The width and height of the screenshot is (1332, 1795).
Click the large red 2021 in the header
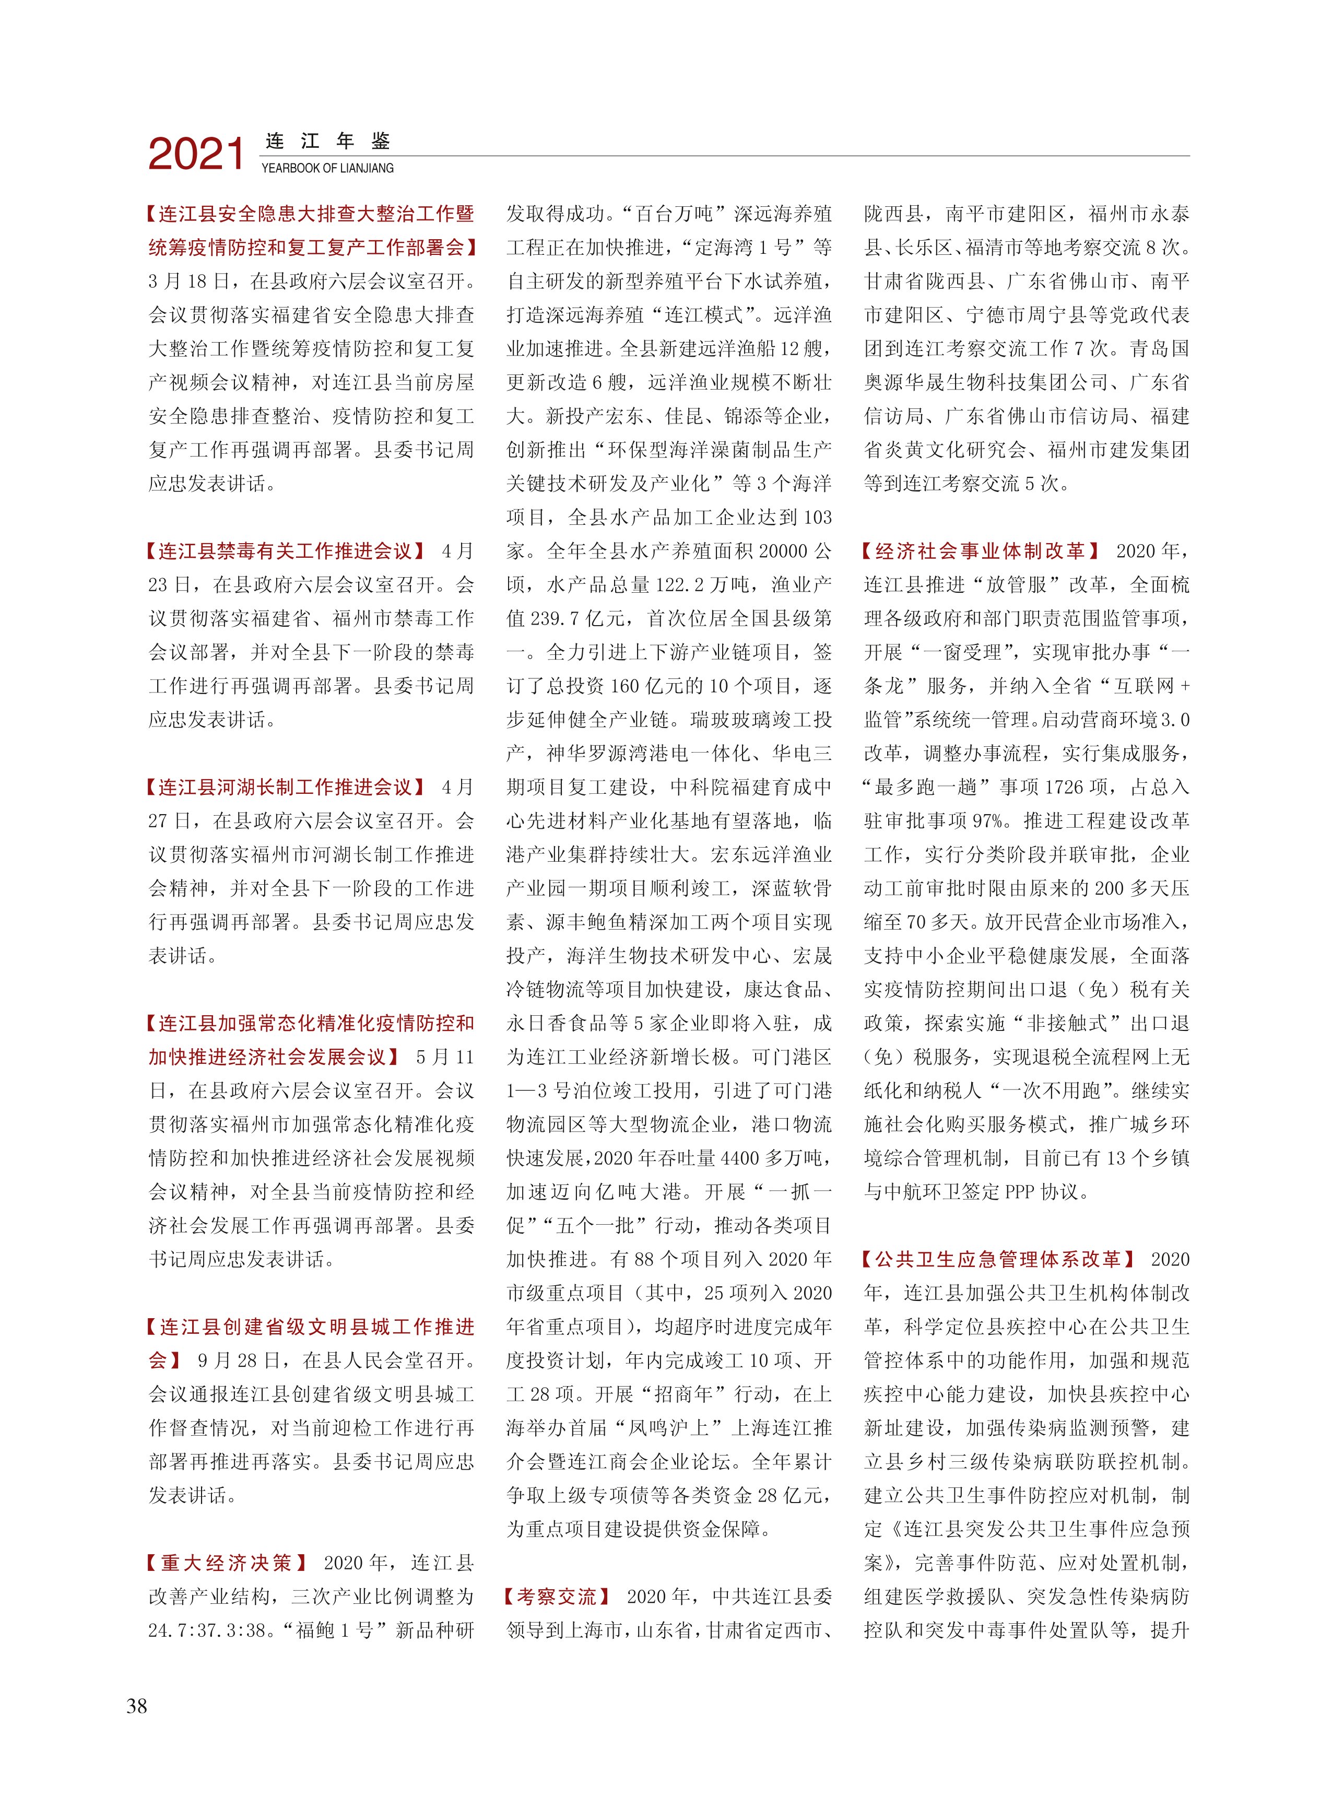(x=196, y=154)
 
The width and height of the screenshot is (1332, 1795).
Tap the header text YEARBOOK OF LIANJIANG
(x=327, y=169)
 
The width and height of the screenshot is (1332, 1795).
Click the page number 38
(x=137, y=1706)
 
